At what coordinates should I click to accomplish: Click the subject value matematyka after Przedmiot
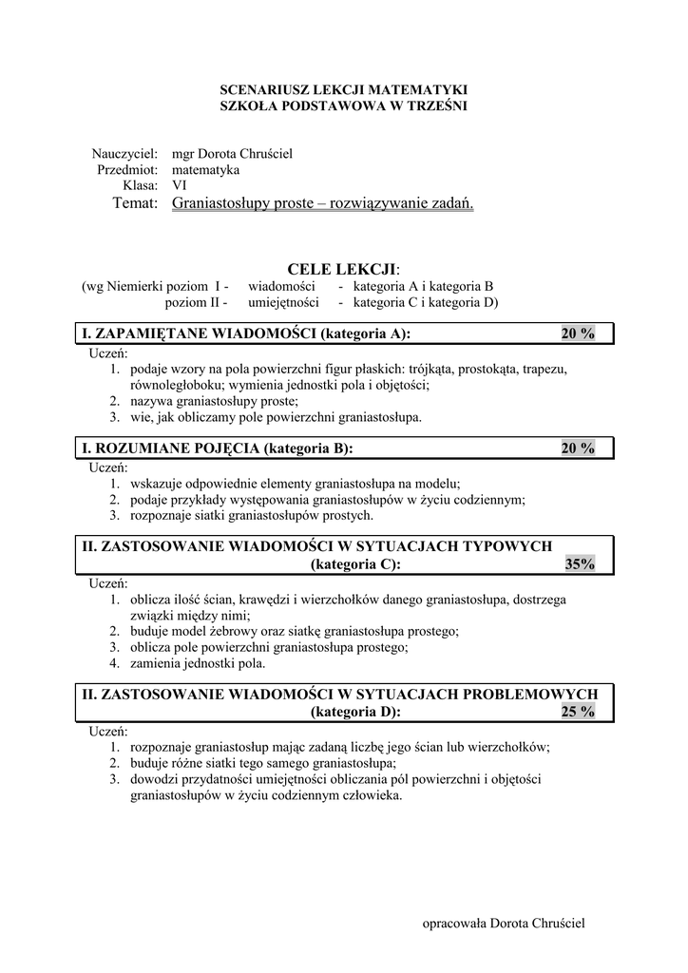[205, 169]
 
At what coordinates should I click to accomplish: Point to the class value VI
[179, 185]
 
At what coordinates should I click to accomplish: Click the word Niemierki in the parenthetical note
[145, 286]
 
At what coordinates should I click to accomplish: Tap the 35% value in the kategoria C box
[579, 564]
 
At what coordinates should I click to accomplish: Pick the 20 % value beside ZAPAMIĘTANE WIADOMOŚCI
[578, 333]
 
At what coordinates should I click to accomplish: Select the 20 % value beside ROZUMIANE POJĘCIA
[578, 448]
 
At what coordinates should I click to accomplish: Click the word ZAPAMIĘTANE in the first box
[152, 333]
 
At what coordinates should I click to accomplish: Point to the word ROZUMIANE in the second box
[142, 448]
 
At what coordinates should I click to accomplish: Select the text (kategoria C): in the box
[355, 564]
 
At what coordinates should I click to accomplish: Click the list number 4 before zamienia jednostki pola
[113, 663]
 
